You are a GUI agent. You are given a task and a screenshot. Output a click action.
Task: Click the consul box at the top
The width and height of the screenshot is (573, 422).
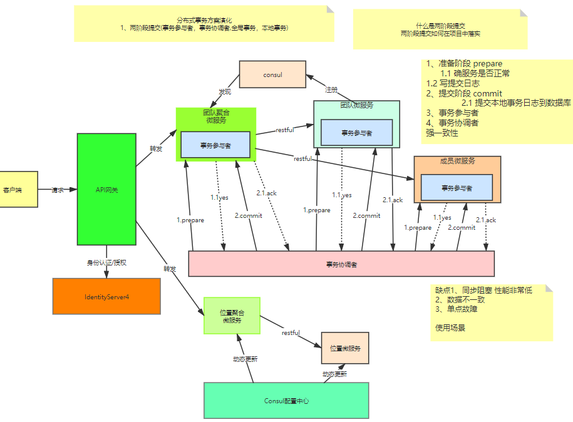(272, 75)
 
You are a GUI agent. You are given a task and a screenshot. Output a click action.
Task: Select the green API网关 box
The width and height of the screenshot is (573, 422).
(106, 188)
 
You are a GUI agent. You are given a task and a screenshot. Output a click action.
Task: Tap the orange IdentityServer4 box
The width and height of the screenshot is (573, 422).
(106, 296)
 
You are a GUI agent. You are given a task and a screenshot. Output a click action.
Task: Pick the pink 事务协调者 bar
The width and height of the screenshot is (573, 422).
(341, 264)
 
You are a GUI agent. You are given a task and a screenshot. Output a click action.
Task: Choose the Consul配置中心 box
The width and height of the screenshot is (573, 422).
(286, 401)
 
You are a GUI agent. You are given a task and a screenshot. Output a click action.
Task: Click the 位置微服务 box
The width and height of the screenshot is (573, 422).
(345, 348)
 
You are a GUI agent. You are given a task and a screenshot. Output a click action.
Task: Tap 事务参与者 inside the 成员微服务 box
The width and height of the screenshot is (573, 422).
(457, 188)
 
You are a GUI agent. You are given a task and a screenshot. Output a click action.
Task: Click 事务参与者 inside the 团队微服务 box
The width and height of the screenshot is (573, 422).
(357, 133)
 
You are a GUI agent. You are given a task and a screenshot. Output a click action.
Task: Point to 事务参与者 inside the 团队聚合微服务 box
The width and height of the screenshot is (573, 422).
(215, 145)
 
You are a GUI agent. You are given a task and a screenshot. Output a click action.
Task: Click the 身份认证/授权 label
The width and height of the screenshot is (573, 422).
(106, 262)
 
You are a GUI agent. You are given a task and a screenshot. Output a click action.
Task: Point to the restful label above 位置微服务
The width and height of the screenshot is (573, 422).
(291, 332)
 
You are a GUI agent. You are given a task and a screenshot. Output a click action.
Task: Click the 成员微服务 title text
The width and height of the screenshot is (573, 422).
(457, 161)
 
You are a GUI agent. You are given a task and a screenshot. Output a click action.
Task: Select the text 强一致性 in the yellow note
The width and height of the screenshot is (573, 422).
(442, 133)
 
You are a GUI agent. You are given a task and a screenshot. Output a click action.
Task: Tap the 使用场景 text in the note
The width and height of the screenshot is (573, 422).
(450, 327)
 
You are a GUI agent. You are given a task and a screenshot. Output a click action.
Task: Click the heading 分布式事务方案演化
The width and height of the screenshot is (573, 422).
(203, 20)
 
